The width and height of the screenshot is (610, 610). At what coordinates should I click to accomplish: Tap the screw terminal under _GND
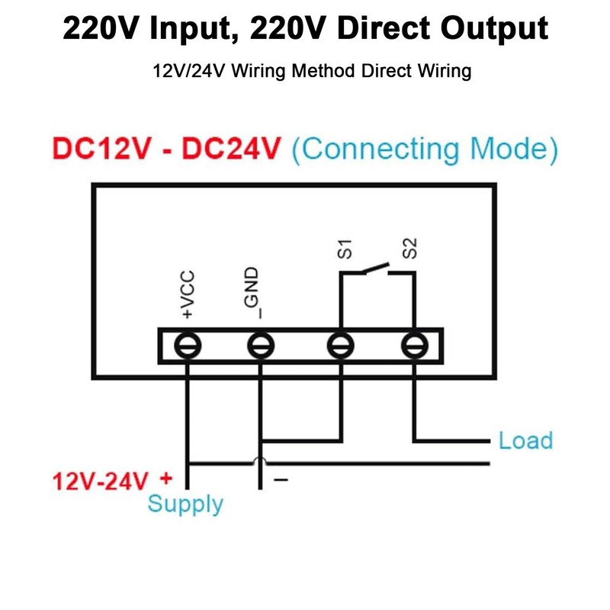[x=260, y=345]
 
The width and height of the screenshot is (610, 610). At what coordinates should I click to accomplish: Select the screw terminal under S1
[x=340, y=345]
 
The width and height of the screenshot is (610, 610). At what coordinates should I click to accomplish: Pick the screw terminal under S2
[x=413, y=345]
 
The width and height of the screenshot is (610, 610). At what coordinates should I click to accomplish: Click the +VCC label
[x=188, y=294]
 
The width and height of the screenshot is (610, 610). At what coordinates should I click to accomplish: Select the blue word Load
[x=525, y=441]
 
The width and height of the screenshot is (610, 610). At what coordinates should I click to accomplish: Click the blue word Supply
[x=185, y=504]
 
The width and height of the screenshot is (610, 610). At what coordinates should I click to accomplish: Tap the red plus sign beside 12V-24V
[x=167, y=480]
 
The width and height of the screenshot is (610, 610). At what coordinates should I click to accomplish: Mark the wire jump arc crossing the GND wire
[x=260, y=460]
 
